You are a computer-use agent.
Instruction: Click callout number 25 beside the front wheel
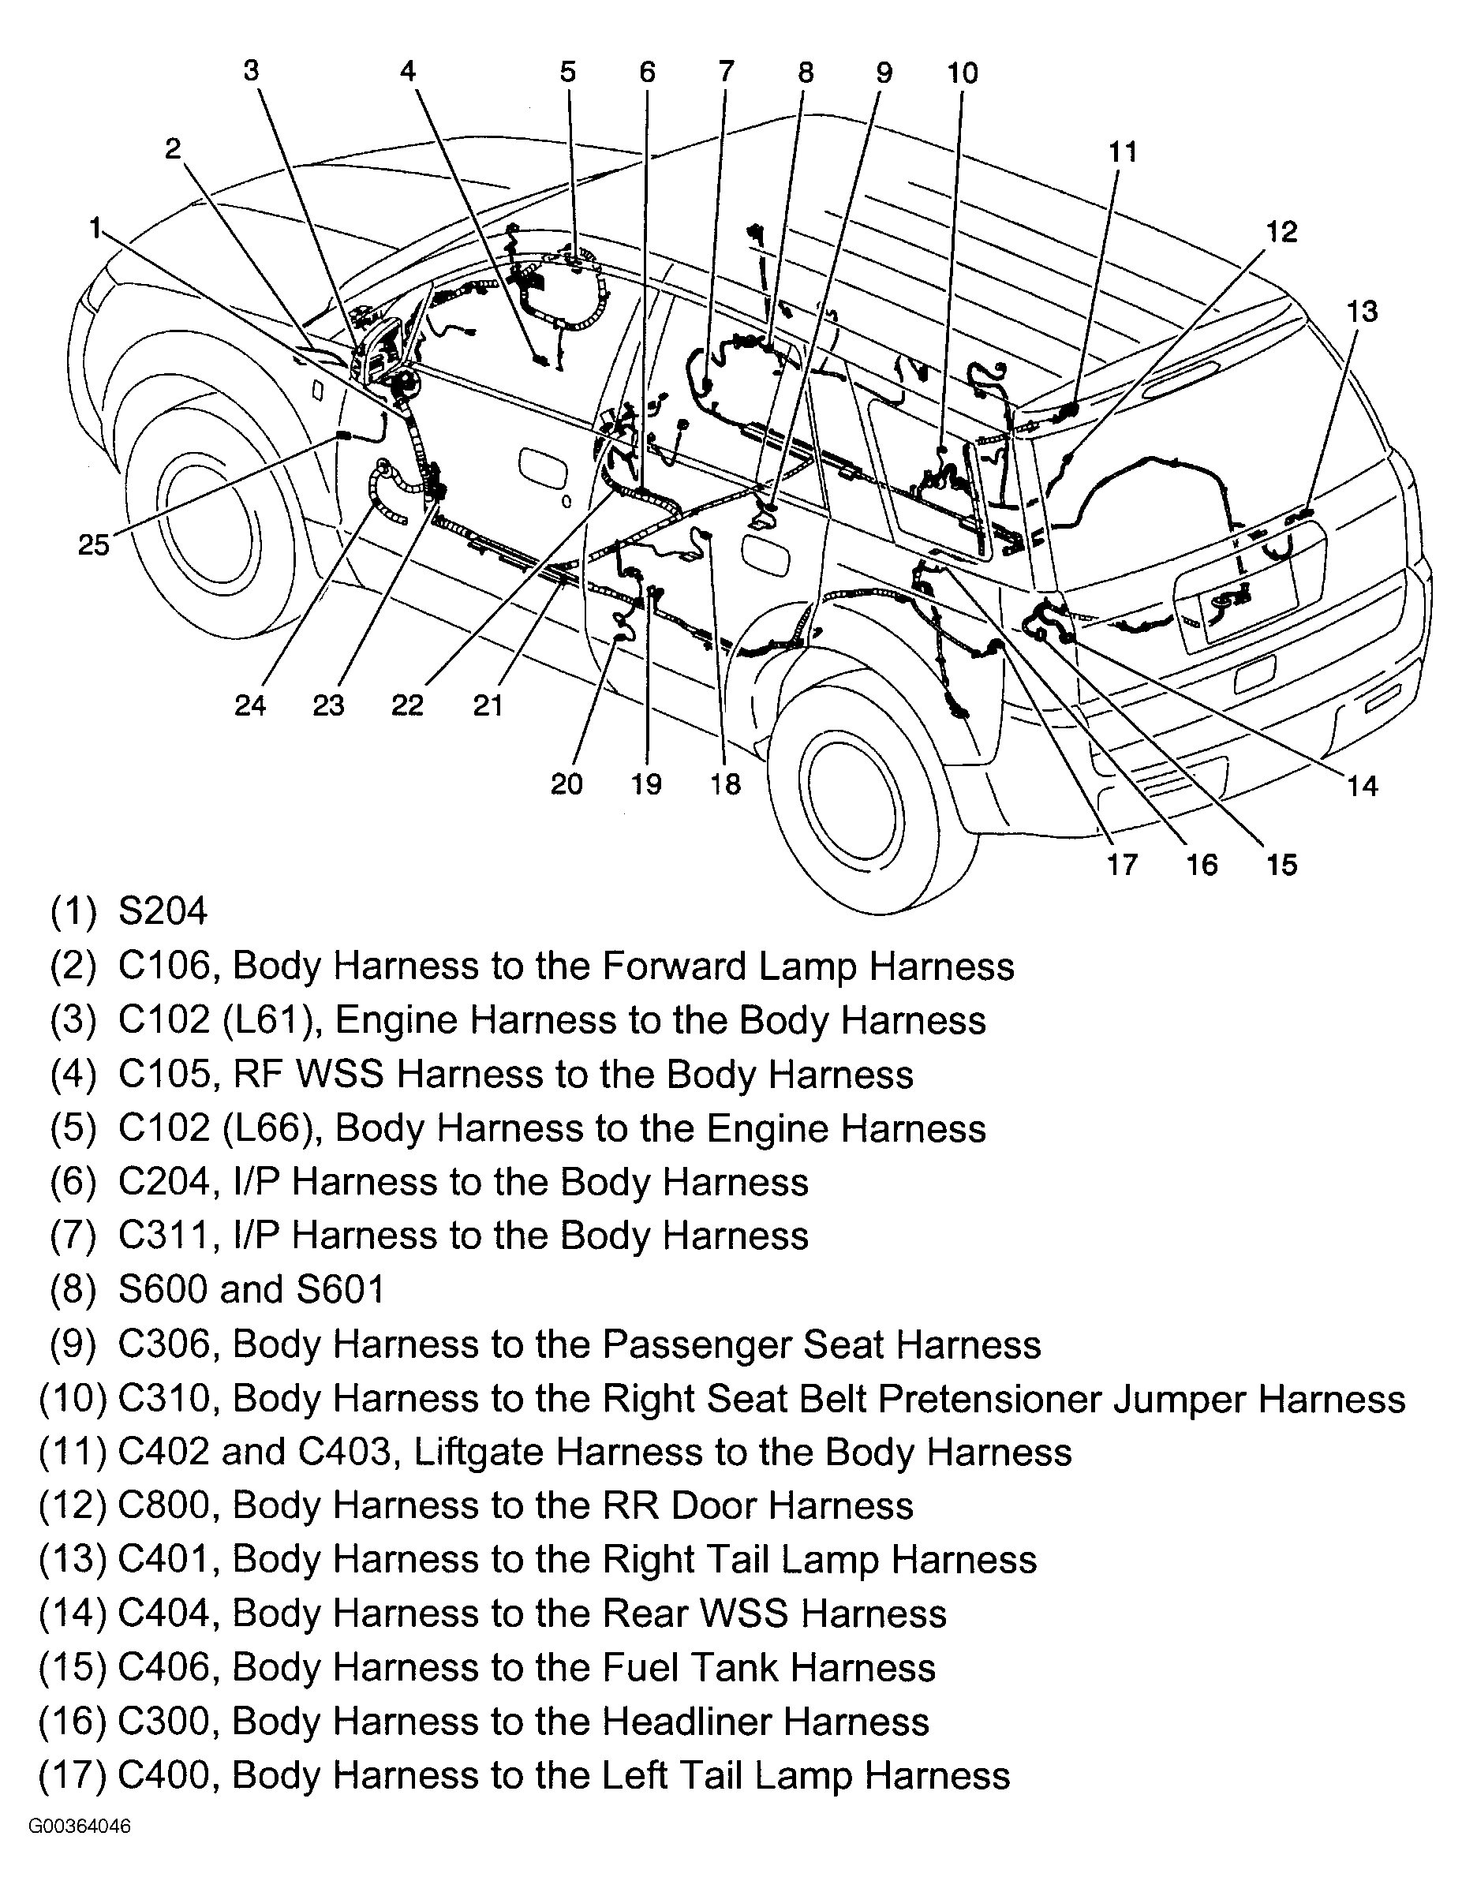click(94, 545)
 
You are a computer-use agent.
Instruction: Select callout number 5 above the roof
click(567, 72)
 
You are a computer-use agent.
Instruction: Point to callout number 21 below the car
click(488, 706)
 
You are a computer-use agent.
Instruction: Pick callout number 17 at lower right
click(1123, 864)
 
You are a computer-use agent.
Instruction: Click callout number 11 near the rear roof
click(1123, 152)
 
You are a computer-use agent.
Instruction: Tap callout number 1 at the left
click(95, 228)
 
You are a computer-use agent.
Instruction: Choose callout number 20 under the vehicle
click(566, 784)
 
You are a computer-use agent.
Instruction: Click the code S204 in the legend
click(163, 911)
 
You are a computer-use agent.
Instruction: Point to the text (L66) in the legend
click(278, 1128)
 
